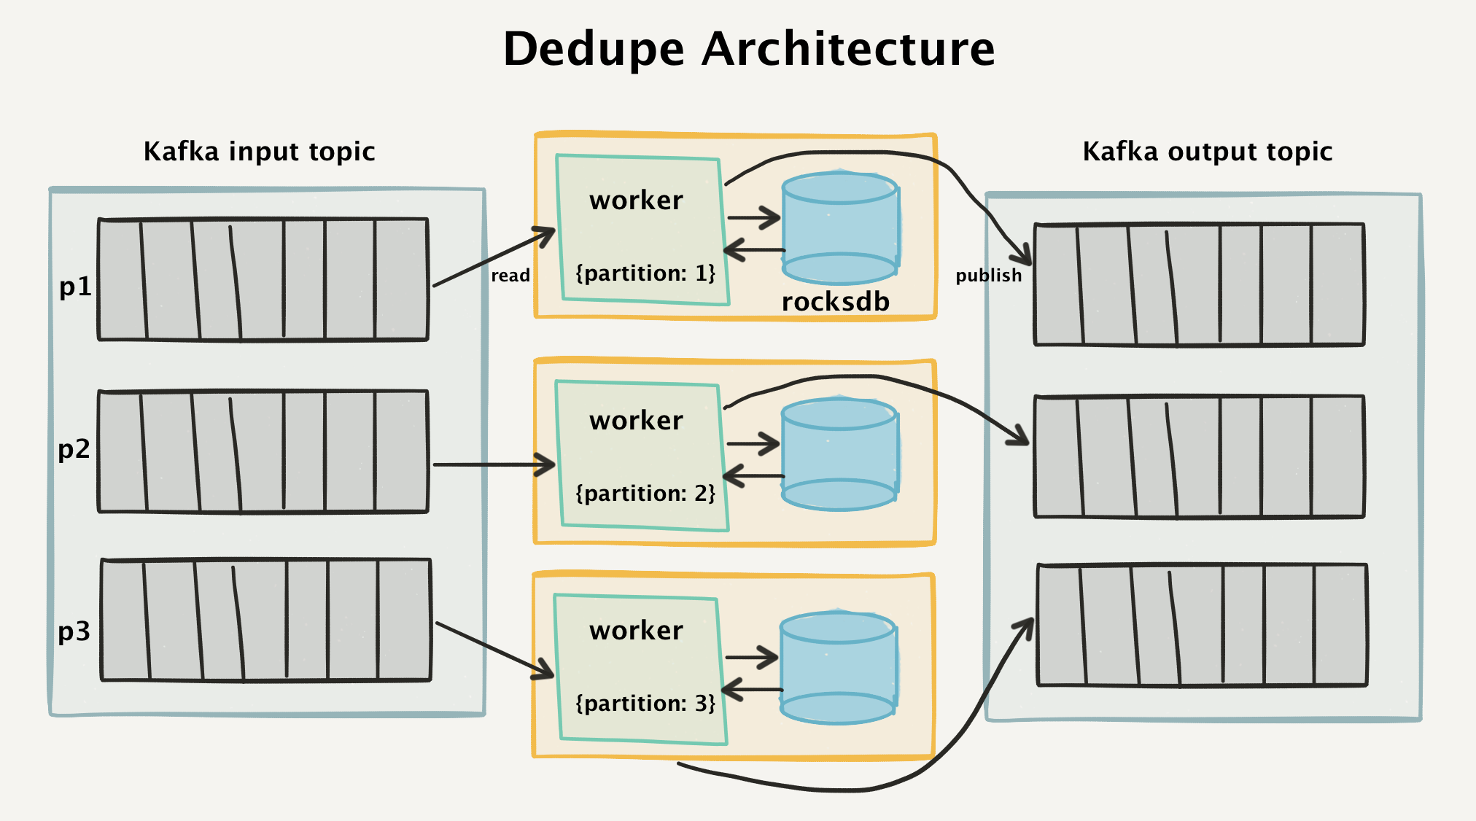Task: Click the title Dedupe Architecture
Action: [x=749, y=49]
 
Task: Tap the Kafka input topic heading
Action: [x=259, y=152]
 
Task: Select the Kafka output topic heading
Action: [x=1207, y=152]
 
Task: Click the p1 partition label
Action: [x=75, y=287]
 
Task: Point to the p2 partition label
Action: [x=74, y=449]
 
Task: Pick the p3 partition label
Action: [x=74, y=631]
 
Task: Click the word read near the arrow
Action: [x=510, y=276]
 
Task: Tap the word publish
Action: [x=988, y=276]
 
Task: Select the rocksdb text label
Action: [x=835, y=302]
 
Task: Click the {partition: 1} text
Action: [x=645, y=273]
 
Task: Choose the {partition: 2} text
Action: [x=645, y=494]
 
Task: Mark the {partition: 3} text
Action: [x=645, y=704]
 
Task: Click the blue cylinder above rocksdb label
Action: [x=840, y=227]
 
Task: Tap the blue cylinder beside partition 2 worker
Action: [x=839, y=454]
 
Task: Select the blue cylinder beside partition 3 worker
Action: [x=838, y=668]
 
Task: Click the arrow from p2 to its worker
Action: [x=494, y=464]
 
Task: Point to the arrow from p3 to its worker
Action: [x=494, y=650]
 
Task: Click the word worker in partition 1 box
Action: [x=636, y=201]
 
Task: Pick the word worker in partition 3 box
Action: [x=636, y=631]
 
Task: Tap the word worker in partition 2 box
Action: [x=636, y=421]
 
